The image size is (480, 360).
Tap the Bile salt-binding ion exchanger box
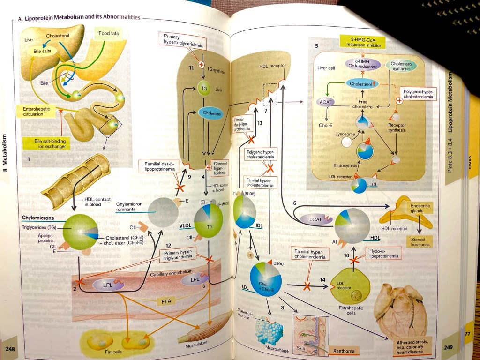(45, 143)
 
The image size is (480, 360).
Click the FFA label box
(165, 300)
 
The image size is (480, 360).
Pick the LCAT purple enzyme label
(320, 218)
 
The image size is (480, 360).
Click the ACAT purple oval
(325, 101)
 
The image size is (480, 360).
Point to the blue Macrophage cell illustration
(270, 330)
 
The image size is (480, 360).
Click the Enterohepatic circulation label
(39, 111)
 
